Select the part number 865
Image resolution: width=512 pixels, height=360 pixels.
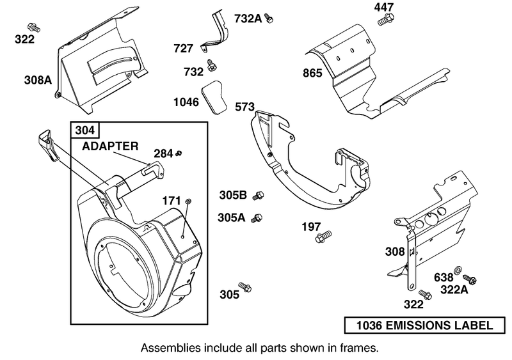pos(313,73)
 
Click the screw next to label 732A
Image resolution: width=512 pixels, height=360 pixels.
pos(269,20)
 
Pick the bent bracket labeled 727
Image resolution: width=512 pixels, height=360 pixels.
pos(215,36)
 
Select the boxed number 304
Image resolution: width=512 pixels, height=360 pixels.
pos(84,130)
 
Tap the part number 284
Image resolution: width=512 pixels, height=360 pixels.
pos(163,153)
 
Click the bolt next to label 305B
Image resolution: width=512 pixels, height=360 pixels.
pos(259,195)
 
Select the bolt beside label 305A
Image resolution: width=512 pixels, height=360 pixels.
pos(258,217)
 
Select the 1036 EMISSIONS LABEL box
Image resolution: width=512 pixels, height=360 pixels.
pos(420,325)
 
